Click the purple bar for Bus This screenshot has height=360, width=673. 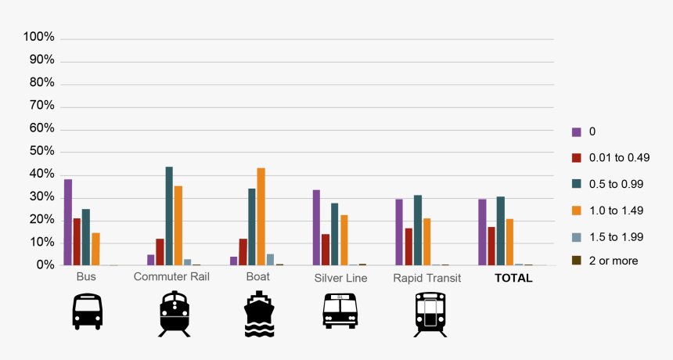coord(68,222)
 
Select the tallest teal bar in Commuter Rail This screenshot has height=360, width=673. coord(169,216)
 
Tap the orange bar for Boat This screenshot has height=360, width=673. coord(261,217)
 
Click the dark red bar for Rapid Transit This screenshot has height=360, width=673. coord(408,247)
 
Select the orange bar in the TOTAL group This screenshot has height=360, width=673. coord(509,242)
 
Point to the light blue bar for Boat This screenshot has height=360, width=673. coord(270,260)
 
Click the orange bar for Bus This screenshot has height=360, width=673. coord(95,249)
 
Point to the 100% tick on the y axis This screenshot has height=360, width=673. coord(39,38)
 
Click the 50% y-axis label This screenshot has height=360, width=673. coord(39,151)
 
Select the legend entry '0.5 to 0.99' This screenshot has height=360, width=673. coord(615,183)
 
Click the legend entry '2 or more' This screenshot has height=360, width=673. coord(613,260)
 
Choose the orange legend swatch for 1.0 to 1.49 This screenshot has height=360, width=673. coord(577,209)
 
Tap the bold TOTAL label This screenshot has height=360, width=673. coord(513,278)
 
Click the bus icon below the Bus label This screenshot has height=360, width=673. coord(87,311)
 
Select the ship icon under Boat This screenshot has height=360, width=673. coord(259,314)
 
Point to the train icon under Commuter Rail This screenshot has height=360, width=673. coord(174,314)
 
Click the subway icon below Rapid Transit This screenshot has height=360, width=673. coord(430,314)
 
